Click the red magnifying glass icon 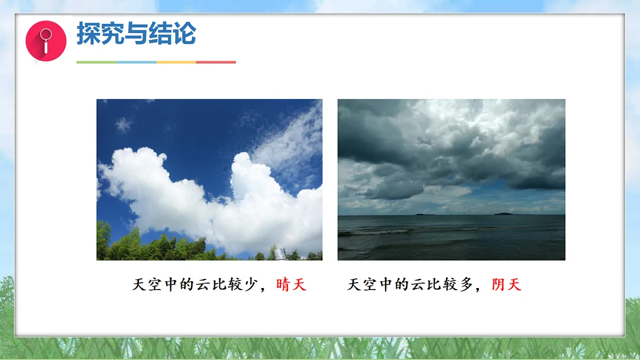(x=46, y=41)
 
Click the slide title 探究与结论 (x=136, y=34)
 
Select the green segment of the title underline (x=96, y=62)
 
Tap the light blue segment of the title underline (x=136, y=62)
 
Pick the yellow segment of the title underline (x=176, y=62)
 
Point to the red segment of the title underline (x=216, y=62)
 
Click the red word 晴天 (x=292, y=285)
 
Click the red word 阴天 (x=507, y=285)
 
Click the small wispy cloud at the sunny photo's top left (x=123, y=125)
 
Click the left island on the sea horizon (x=424, y=214)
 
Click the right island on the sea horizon (x=503, y=213)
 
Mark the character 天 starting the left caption (x=139, y=285)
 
